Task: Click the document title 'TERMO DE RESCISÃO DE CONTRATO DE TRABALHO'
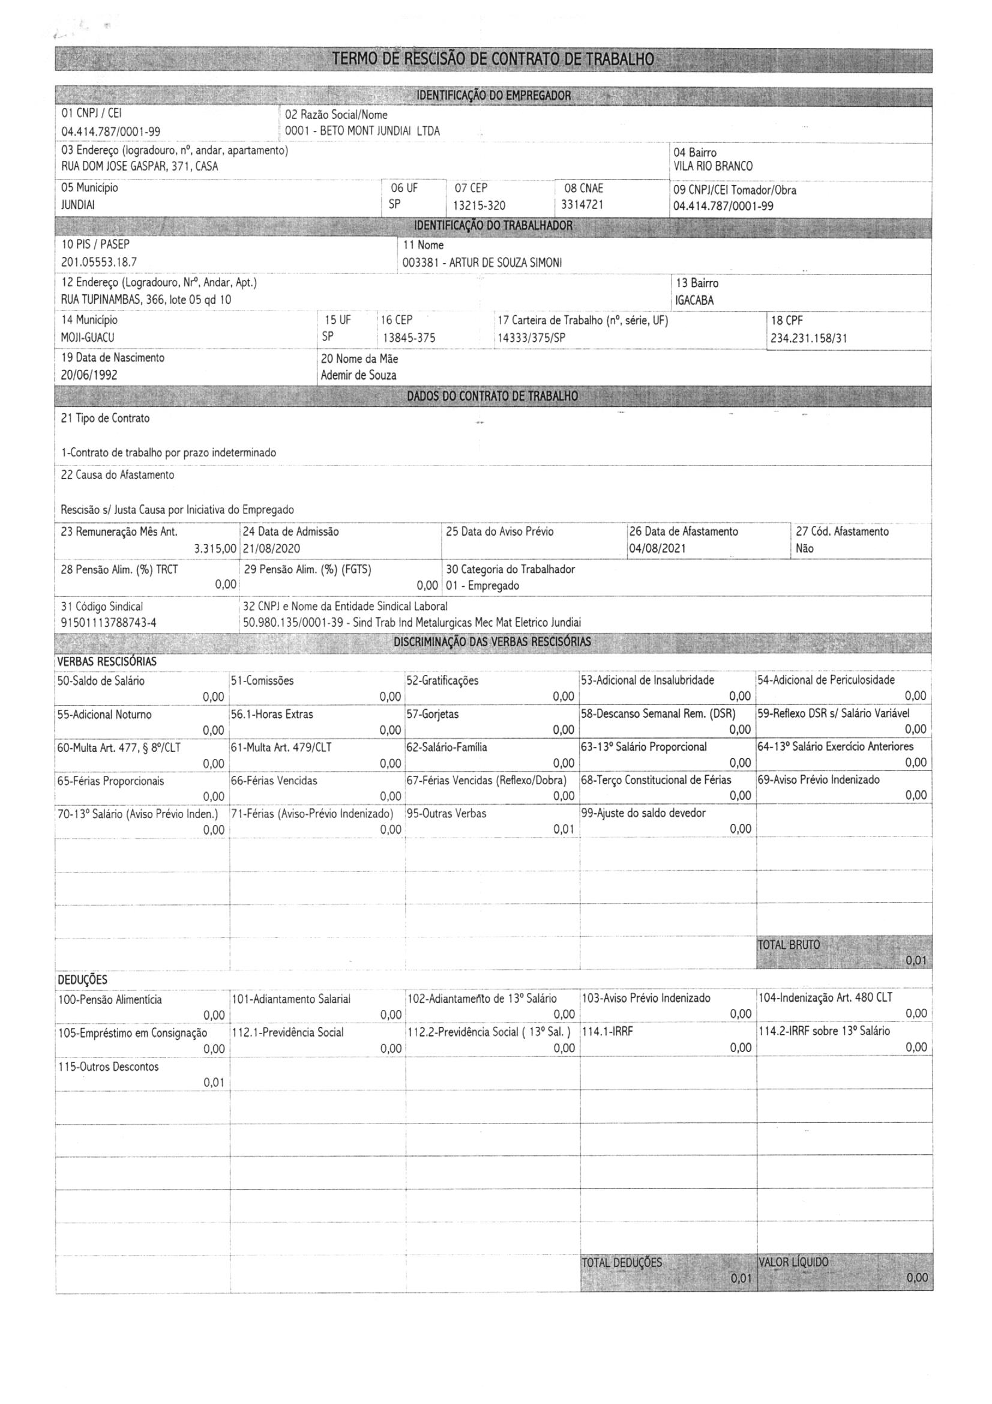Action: point(493,59)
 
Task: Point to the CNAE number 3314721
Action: point(582,205)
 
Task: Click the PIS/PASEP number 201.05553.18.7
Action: point(99,262)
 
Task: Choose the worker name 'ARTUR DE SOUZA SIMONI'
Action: point(505,263)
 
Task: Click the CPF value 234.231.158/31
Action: point(808,338)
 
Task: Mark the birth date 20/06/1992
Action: point(89,375)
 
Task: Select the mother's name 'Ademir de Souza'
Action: point(358,375)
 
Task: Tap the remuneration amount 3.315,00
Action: point(215,548)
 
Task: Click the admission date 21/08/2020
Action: point(271,548)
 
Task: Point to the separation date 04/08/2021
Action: point(657,548)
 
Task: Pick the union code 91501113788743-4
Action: point(109,623)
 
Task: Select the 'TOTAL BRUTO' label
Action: point(789,944)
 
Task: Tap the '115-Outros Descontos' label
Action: point(108,1067)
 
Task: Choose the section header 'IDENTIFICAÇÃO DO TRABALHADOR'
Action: point(493,226)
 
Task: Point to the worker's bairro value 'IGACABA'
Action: point(694,300)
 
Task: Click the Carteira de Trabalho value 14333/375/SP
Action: point(531,337)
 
